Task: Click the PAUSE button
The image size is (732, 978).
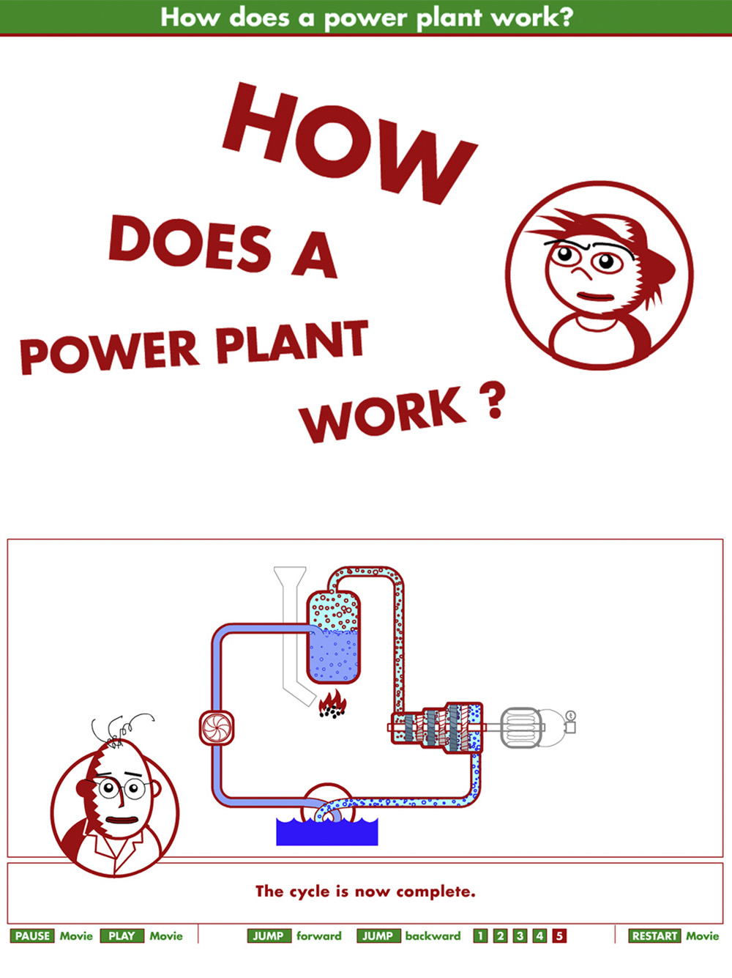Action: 32,936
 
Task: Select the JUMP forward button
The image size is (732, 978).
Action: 268,936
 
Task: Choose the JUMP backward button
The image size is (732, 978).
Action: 378,936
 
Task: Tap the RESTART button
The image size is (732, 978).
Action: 654,936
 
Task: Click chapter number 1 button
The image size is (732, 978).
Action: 480,936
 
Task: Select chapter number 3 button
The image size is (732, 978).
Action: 520,936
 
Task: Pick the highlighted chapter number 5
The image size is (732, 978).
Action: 559,936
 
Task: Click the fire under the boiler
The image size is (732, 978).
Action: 332,705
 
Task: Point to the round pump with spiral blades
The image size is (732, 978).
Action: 217,728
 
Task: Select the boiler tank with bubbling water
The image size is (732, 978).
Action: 334,637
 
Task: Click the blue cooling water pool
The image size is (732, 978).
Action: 326,832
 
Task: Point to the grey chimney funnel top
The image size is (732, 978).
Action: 290,576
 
